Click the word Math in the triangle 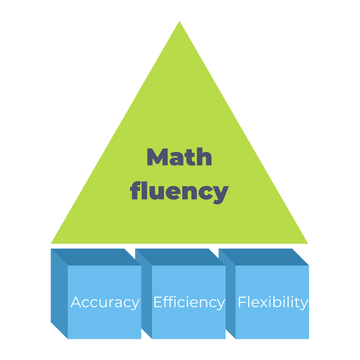pos(179,157)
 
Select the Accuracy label pos(105,302)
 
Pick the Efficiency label pos(189,302)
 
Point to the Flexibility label pos(273,302)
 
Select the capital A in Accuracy pos(76,302)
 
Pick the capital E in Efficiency pos(158,302)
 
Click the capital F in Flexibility pos(241,302)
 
